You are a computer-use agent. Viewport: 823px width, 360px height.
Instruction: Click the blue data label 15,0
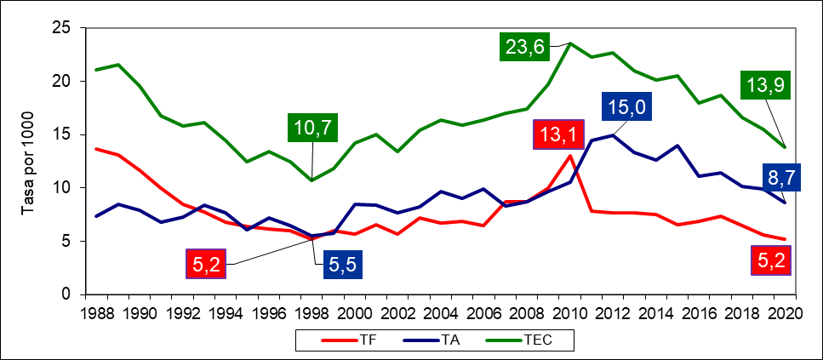pos(632,109)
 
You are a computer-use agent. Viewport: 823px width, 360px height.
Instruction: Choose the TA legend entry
pos(432,339)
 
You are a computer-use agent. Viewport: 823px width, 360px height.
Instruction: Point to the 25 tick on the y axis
pos(61,28)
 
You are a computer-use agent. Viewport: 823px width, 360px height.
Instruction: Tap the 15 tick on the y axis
pos(61,134)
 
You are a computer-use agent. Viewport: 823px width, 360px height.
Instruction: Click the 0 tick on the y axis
pos(65,294)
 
